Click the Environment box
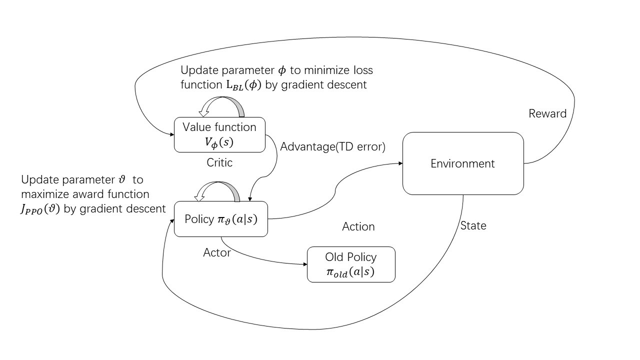tap(463, 163)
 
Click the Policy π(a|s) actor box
tap(221, 219)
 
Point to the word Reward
tap(547, 113)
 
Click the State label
tap(473, 225)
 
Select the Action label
tap(358, 226)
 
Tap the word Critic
tap(219, 162)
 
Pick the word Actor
tap(217, 252)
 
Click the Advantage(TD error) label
tap(332, 147)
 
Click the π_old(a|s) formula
tap(350, 272)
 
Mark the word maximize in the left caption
tap(42, 193)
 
